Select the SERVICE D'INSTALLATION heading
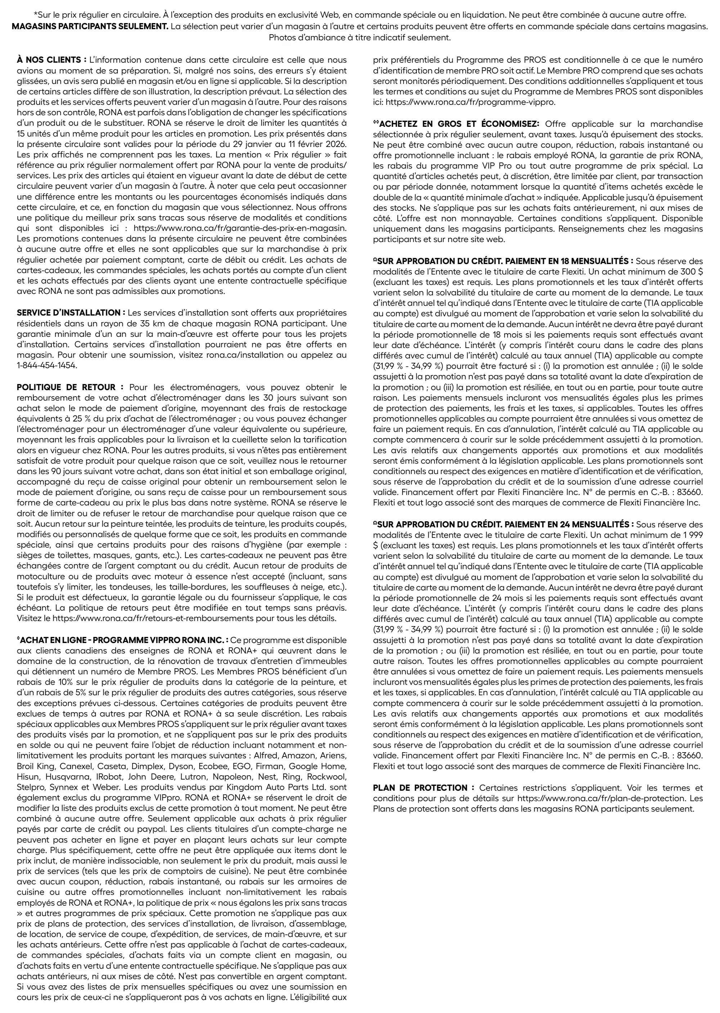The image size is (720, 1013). pyautogui.click(x=71, y=313)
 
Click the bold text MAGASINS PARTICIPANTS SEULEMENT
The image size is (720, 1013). pyautogui.click(x=90, y=26)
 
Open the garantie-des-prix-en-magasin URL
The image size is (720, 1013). pyautogui.click(x=240, y=228)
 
